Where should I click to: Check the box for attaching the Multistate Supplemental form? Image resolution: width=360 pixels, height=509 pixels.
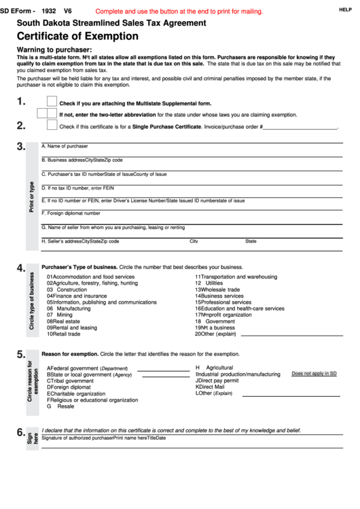pyautogui.click(x=52, y=102)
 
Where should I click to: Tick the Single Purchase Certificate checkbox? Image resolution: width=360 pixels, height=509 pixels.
pyautogui.click(x=52, y=124)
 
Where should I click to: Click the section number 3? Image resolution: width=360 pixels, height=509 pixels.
pyautogui.click(x=21, y=147)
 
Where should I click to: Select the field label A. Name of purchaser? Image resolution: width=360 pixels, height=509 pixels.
pyautogui.click(x=65, y=146)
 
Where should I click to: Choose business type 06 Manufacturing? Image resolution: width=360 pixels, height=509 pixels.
pyautogui.click(x=69, y=308)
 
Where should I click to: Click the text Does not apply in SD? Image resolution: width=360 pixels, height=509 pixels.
pyautogui.click(x=314, y=374)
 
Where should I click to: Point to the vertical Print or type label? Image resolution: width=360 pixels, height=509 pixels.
pyautogui.click(x=31, y=197)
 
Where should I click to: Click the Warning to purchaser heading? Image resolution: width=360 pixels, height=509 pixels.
pyautogui.click(x=54, y=50)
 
